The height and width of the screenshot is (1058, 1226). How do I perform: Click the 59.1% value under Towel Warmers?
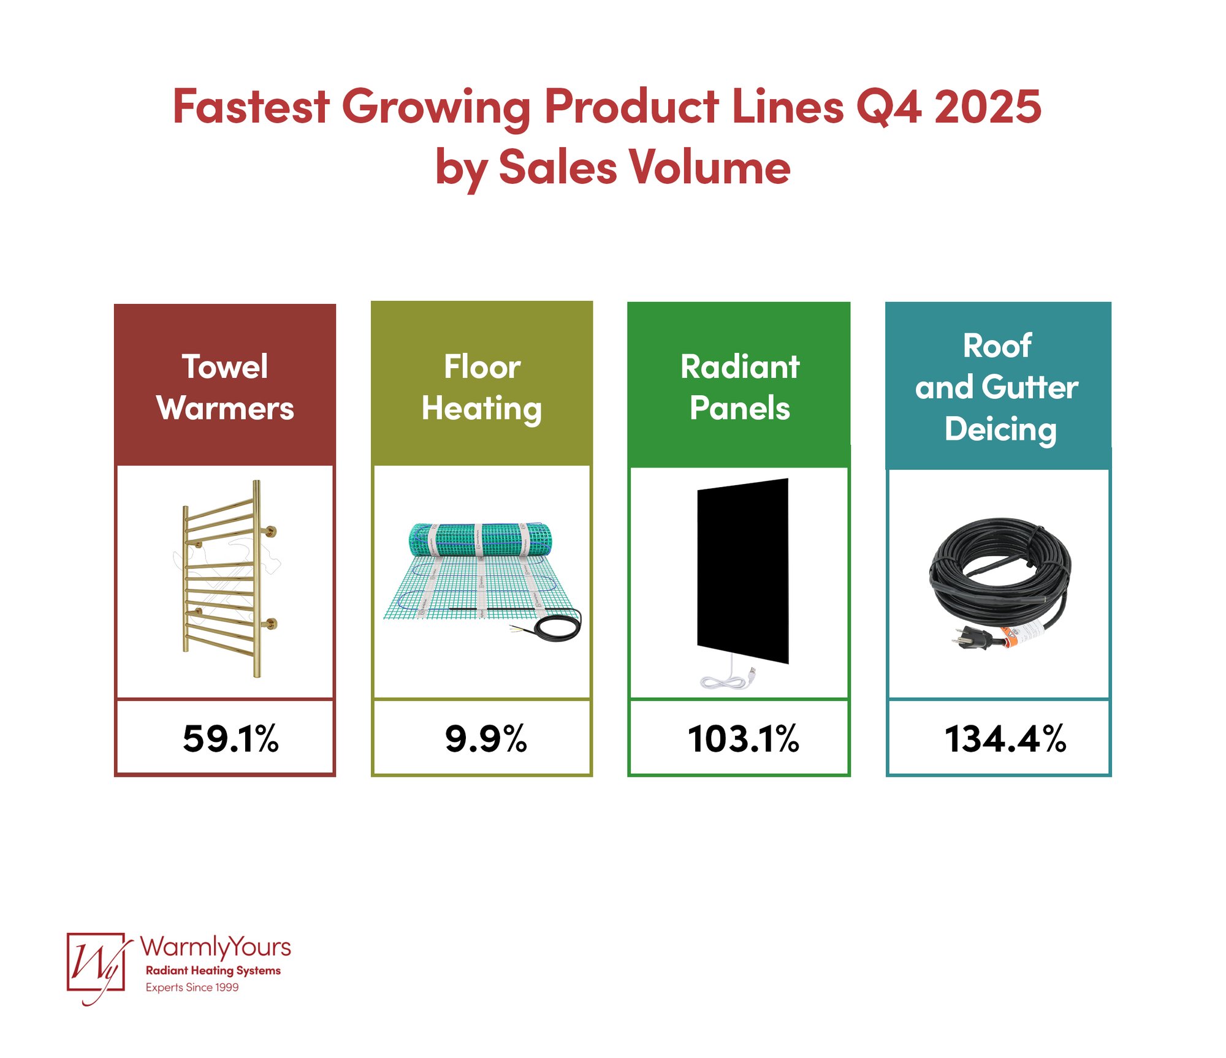tap(230, 738)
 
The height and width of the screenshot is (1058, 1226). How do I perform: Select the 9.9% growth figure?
tap(485, 738)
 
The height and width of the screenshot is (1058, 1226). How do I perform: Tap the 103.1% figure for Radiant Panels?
tap(743, 738)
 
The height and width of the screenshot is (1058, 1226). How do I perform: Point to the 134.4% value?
tap(1005, 738)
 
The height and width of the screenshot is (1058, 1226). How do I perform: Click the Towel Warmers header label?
tap(225, 387)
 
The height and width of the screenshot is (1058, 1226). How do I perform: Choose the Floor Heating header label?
tap(482, 387)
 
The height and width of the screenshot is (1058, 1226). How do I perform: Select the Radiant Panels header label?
tap(740, 387)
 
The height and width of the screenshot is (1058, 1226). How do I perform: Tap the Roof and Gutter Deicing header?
tap(997, 387)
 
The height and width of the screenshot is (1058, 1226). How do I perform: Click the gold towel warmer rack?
tap(227, 579)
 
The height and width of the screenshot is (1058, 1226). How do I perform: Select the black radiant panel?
tap(743, 570)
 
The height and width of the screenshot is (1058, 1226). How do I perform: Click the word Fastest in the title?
tap(251, 107)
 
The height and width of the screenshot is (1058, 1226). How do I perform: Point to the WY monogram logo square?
tap(96, 962)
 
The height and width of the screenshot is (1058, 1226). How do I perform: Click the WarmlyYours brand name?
tap(215, 947)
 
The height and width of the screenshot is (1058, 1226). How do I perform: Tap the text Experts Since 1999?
tap(192, 987)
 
